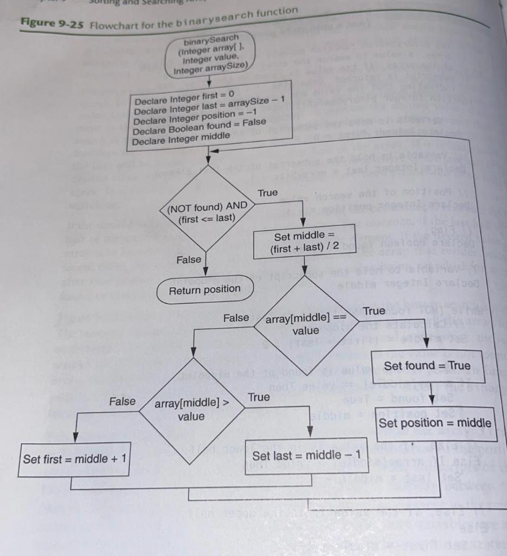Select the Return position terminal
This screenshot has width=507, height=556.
coord(204,289)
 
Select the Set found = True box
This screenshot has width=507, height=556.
coord(427,365)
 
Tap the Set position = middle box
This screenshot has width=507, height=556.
coord(435,423)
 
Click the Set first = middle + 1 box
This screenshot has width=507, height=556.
coord(74,459)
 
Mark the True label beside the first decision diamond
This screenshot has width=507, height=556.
coord(267,193)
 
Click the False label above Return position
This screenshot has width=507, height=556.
coord(189,261)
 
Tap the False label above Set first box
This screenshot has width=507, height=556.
coord(123,402)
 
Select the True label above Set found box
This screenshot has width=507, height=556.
coord(374,311)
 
